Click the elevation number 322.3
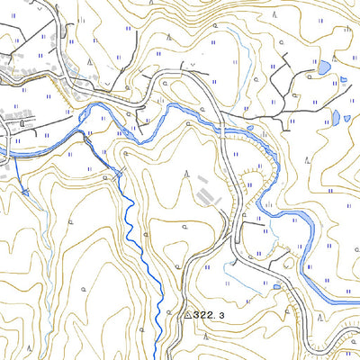[x=209, y=316]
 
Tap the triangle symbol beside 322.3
[x=188, y=316]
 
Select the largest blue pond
[x=324, y=67]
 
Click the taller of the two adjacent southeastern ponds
[x=335, y=117]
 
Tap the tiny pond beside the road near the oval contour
[x=277, y=287]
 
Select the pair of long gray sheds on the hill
[x=206, y=193]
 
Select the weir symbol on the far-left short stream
[x=24, y=192]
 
